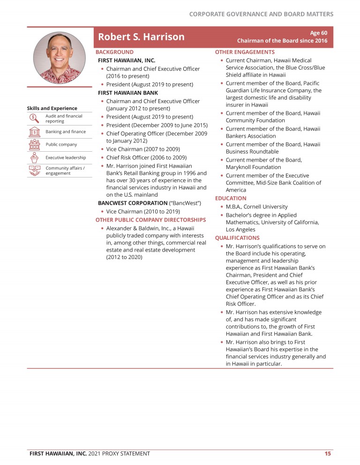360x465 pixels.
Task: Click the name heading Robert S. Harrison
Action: point(141,37)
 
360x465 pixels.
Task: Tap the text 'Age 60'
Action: point(318,33)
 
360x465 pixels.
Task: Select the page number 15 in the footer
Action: point(328,453)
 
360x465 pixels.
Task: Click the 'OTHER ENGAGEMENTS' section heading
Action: point(245,52)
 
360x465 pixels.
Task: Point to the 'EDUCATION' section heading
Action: point(231,198)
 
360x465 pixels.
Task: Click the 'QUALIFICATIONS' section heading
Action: point(237,237)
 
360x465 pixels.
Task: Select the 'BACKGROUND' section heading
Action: point(114,52)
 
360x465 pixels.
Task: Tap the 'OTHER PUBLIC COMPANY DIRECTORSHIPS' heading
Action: point(150,220)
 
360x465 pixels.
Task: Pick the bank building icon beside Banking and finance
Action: point(34,132)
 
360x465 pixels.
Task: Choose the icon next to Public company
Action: point(34,144)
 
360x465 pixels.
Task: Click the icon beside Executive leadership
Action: point(34,158)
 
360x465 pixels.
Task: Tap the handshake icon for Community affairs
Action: point(34,171)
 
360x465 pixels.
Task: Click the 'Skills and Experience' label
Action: point(52,109)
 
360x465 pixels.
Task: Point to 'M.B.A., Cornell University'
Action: point(256,207)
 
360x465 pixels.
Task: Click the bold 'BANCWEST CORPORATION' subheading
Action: point(132,203)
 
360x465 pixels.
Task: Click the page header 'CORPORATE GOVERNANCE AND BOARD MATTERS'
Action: point(261,14)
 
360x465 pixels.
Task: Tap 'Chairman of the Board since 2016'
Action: point(282,41)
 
